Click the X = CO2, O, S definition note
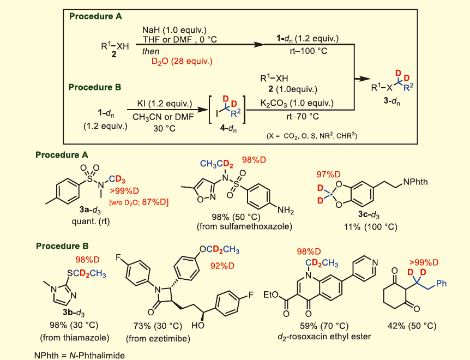coord(311,135)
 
